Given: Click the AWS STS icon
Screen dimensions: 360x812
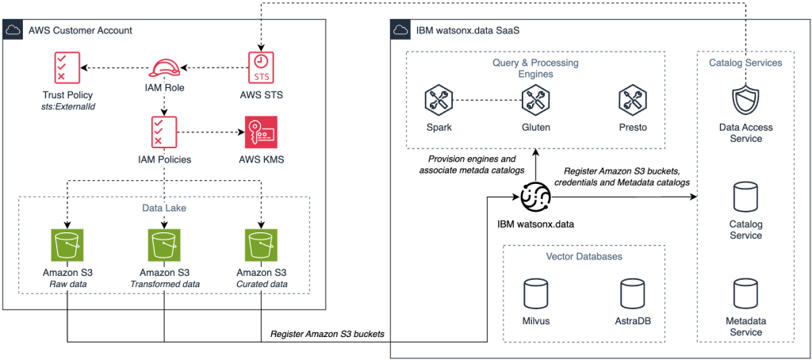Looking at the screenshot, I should [259, 67].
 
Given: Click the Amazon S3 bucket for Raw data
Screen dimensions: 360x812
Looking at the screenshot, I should [67, 246].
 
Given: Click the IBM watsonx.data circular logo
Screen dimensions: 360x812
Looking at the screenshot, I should [535, 193].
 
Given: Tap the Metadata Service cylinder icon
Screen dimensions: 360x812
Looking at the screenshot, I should [745, 293].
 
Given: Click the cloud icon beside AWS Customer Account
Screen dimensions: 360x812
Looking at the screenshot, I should [14, 30].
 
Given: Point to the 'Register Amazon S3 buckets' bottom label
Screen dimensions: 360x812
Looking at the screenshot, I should [327, 334].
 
